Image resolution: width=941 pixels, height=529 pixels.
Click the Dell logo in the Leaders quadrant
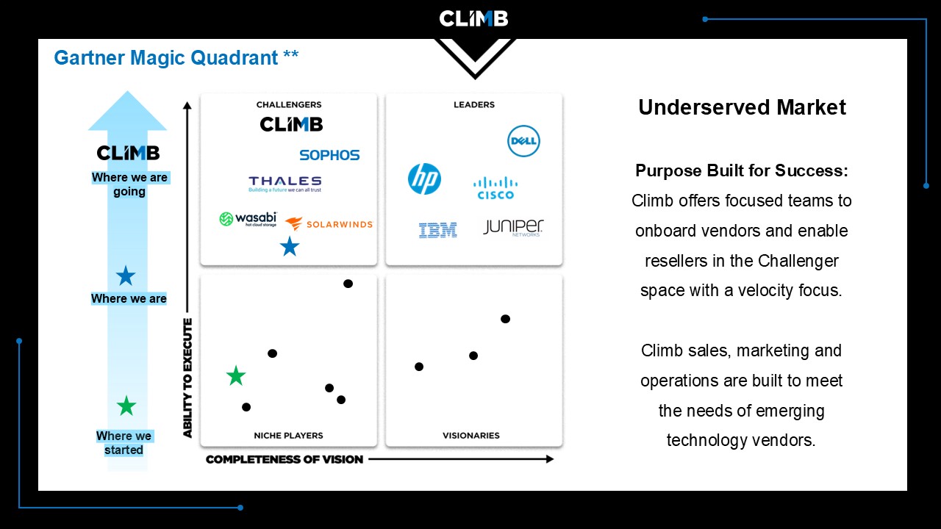tap(523, 141)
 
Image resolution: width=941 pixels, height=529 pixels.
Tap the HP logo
tap(424, 179)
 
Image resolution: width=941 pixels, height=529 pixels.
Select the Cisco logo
tap(495, 188)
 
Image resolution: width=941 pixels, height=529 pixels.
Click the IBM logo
tap(437, 231)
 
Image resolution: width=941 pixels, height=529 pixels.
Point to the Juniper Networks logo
tap(513, 228)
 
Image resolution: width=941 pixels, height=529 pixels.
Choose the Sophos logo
tap(329, 155)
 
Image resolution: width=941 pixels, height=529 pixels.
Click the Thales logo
tap(285, 184)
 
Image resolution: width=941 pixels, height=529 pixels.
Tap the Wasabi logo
tap(248, 219)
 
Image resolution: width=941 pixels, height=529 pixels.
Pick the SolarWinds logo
tap(329, 224)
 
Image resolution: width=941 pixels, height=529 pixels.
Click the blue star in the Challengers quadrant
tap(290, 246)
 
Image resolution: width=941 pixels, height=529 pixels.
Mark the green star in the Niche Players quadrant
tap(236, 375)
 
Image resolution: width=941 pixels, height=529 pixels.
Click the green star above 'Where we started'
tap(126, 406)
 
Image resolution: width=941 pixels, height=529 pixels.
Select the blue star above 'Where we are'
tap(126, 276)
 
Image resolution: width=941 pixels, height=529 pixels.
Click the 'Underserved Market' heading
tap(742, 107)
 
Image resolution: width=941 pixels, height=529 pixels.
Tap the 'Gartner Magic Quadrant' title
tap(166, 58)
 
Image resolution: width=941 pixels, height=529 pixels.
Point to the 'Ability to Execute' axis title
tap(187, 378)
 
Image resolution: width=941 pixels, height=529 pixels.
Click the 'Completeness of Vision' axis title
tap(285, 459)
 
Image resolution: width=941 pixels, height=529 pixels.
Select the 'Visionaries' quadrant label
tap(471, 436)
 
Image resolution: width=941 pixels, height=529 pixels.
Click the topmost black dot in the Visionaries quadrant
tap(505, 319)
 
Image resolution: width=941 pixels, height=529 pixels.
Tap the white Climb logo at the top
tap(473, 19)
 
